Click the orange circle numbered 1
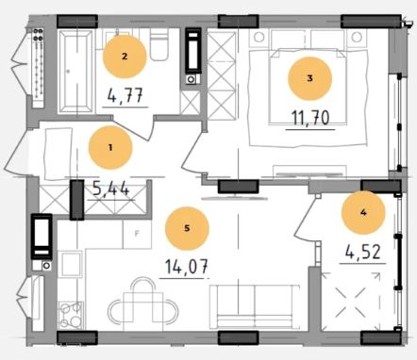[110, 147]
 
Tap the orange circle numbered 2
[125, 57]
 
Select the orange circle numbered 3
[310, 78]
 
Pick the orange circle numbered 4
[363, 213]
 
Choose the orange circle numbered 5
[187, 228]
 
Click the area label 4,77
[125, 95]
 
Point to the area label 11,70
[310, 118]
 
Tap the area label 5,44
[110, 188]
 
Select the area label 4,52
[363, 252]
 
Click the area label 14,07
[187, 267]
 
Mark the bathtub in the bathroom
[75, 71]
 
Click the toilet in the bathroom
[159, 44]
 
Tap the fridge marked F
[137, 234]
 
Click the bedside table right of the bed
[357, 37]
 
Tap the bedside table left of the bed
[259, 37]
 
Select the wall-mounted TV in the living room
[234, 198]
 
